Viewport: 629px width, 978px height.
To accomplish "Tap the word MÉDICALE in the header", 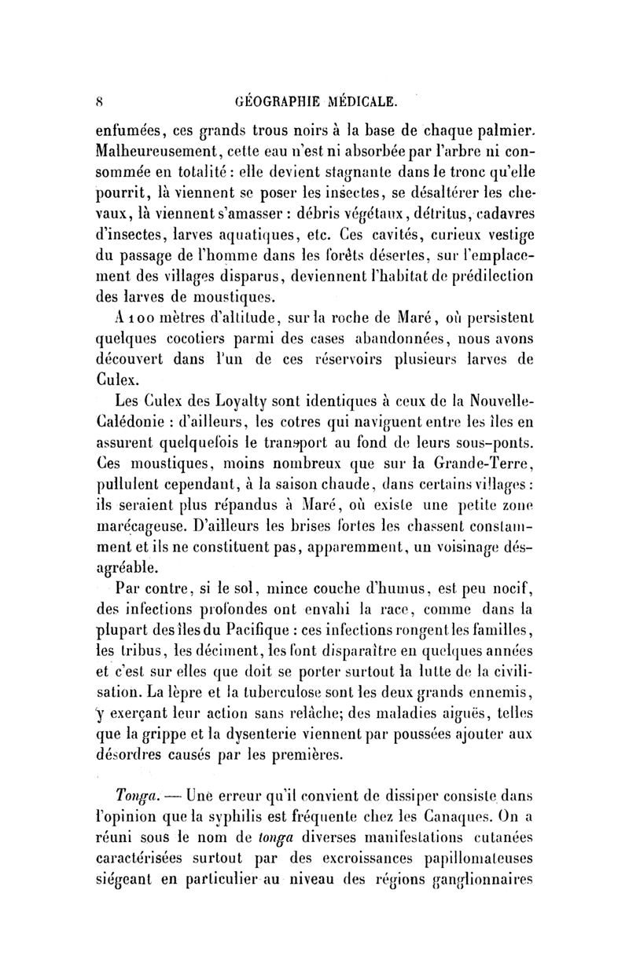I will [366, 101].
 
